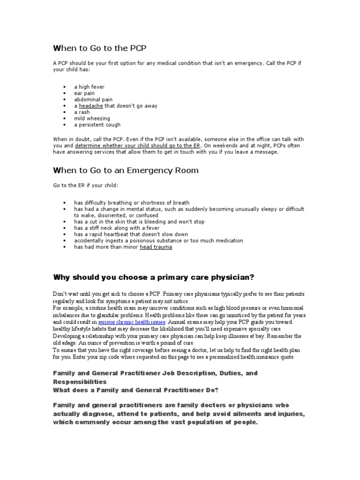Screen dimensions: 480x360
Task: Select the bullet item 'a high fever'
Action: click(x=89, y=87)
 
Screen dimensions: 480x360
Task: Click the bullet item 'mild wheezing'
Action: click(x=91, y=119)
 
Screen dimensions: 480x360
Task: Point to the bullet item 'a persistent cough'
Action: click(x=97, y=125)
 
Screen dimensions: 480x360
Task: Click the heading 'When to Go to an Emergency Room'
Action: click(x=125, y=170)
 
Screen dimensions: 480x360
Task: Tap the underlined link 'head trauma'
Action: click(x=156, y=247)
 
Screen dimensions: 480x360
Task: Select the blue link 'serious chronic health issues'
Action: click(x=132, y=323)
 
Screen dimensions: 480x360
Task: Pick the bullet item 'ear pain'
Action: click(x=84, y=93)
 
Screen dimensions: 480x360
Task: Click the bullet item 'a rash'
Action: click(x=82, y=112)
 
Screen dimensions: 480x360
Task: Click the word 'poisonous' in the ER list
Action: click(x=130, y=240)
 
